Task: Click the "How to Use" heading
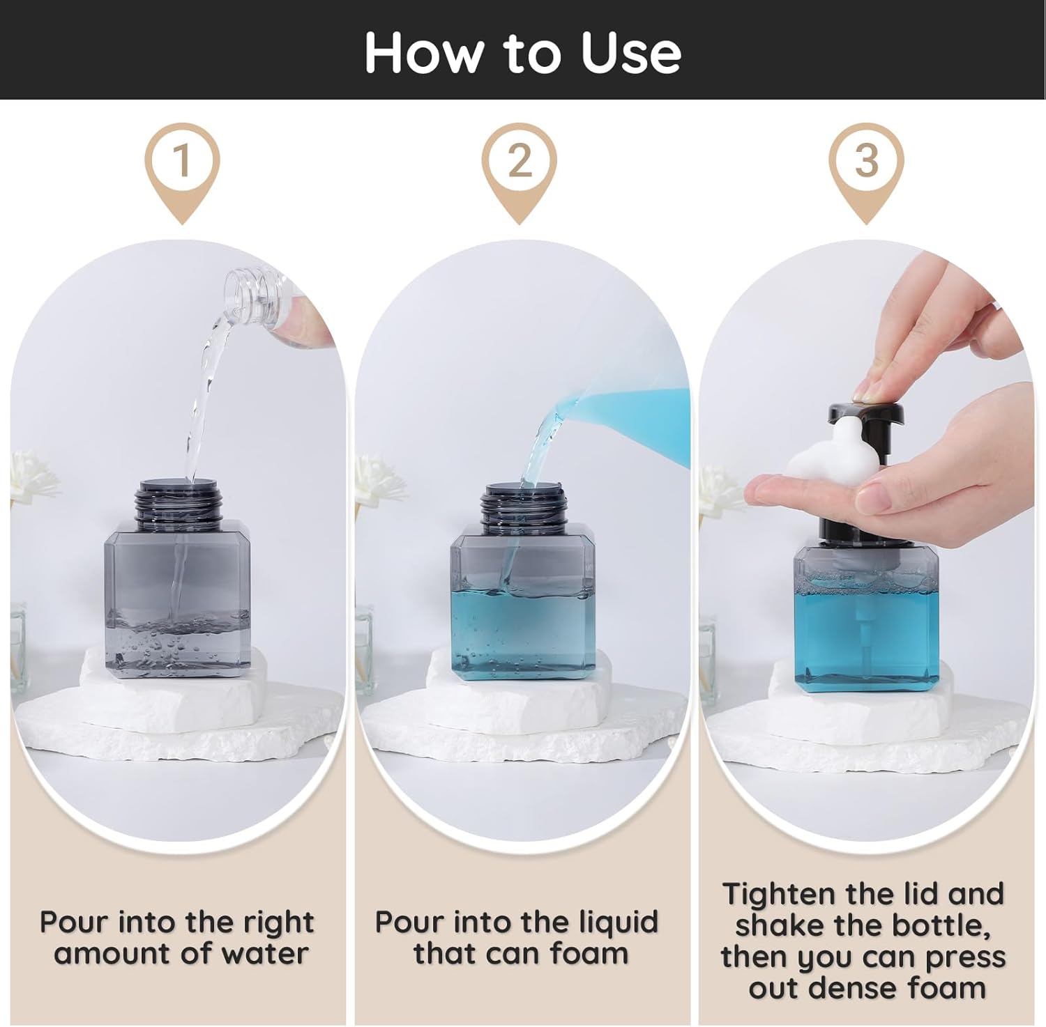coord(522,52)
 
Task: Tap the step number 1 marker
coord(182,161)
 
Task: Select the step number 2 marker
coord(520,161)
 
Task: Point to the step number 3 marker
coord(865,161)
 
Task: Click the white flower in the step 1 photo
coord(31,474)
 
